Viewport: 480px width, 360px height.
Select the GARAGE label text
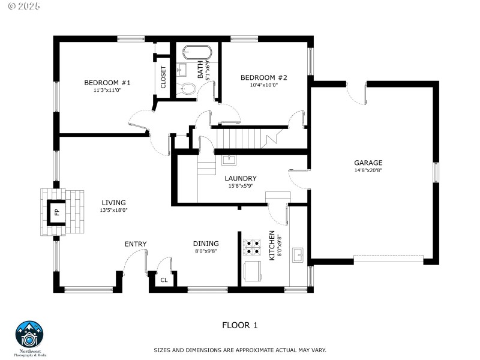368,163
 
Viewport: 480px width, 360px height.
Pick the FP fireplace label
56,212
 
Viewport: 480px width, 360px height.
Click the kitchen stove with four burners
251,247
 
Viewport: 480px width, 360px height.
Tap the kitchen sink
298,257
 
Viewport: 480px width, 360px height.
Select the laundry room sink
229,160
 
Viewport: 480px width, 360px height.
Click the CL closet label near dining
164,280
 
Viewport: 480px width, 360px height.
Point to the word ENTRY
136,244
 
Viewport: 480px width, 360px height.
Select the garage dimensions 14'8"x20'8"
368,170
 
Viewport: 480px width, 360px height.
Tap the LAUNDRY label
241,178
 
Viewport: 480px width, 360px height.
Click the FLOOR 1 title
239,325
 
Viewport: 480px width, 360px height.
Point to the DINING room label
206,244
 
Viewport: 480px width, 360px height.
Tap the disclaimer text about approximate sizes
248,349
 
